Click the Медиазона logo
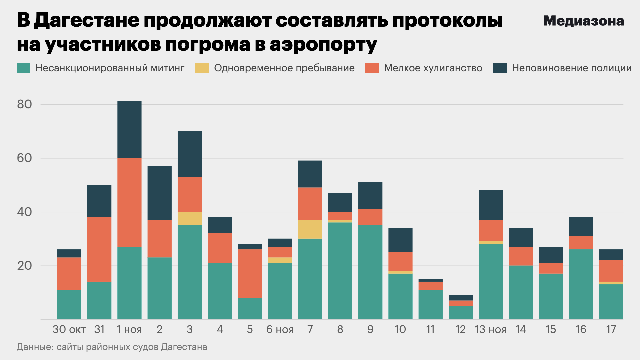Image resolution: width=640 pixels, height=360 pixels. tap(583, 21)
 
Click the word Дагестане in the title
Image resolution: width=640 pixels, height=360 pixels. tap(87, 21)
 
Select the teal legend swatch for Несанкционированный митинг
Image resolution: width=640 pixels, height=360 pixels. tap(23, 68)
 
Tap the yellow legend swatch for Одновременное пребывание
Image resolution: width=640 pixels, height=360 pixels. tap(202, 68)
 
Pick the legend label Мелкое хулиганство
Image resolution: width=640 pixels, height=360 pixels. tap(433, 68)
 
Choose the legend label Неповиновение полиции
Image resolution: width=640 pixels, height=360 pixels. tap(572, 68)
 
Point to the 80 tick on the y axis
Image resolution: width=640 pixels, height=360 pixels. tap(24, 104)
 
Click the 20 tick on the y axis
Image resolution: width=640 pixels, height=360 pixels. tap(24, 266)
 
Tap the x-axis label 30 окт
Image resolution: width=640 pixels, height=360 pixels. tap(69, 329)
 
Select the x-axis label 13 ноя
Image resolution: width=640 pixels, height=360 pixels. tap(490, 329)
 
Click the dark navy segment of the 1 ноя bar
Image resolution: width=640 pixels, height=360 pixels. tap(129, 129)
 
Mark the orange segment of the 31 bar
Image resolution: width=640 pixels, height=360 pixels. tap(99, 249)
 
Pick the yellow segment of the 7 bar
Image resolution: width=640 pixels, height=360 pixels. tap(310, 229)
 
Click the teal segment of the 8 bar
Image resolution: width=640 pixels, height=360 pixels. tap(340, 271)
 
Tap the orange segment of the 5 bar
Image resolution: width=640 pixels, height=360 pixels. tap(250, 273)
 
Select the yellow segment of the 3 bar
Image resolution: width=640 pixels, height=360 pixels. tap(190, 218)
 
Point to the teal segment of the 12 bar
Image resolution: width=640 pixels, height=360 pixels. tap(460, 313)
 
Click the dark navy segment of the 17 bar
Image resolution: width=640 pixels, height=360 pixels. tap(611, 255)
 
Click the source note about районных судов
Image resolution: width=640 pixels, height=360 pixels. tap(112, 347)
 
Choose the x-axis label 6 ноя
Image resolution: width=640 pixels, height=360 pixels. tap(280, 329)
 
